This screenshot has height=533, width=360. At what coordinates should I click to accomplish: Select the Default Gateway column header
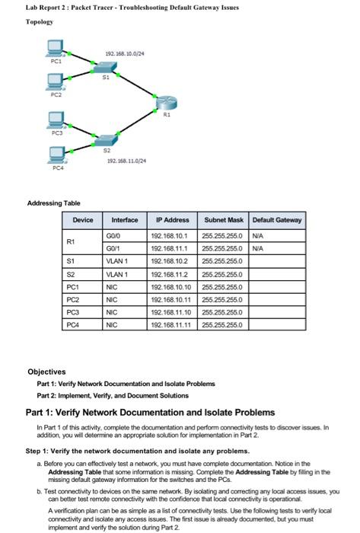(276, 219)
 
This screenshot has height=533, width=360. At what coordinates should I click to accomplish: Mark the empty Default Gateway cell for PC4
(276, 326)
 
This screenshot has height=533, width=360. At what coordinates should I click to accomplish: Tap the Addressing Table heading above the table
(53, 203)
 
